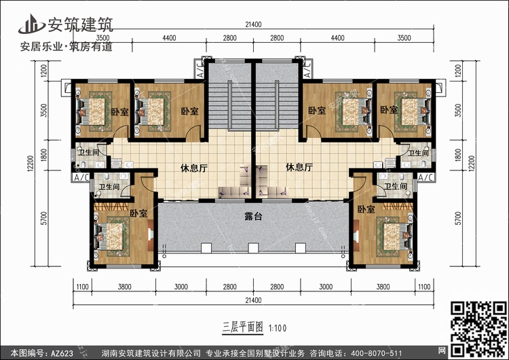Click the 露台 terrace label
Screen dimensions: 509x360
click(253, 217)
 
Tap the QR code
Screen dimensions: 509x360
click(479, 329)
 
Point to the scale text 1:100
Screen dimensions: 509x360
click(278, 329)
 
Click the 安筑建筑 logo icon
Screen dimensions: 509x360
click(31, 24)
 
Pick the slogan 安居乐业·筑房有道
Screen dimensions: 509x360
click(67, 47)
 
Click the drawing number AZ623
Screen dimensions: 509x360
click(62, 353)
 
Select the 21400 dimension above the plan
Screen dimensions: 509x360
click(254, 24)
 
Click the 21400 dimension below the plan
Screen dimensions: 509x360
click(254, 300)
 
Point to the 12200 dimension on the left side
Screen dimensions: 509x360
click(30, 164)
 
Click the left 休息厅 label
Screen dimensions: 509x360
click(194, 168)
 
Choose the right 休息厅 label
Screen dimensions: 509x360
click(299, 167)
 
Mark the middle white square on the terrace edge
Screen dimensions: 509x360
click(253, 248)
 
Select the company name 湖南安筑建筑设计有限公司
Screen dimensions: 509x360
click(151, 353)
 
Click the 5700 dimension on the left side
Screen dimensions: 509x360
click(44, 218)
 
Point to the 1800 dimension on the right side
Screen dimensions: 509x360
click(458, 155)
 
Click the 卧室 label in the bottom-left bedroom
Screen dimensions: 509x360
click(138, 213)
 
